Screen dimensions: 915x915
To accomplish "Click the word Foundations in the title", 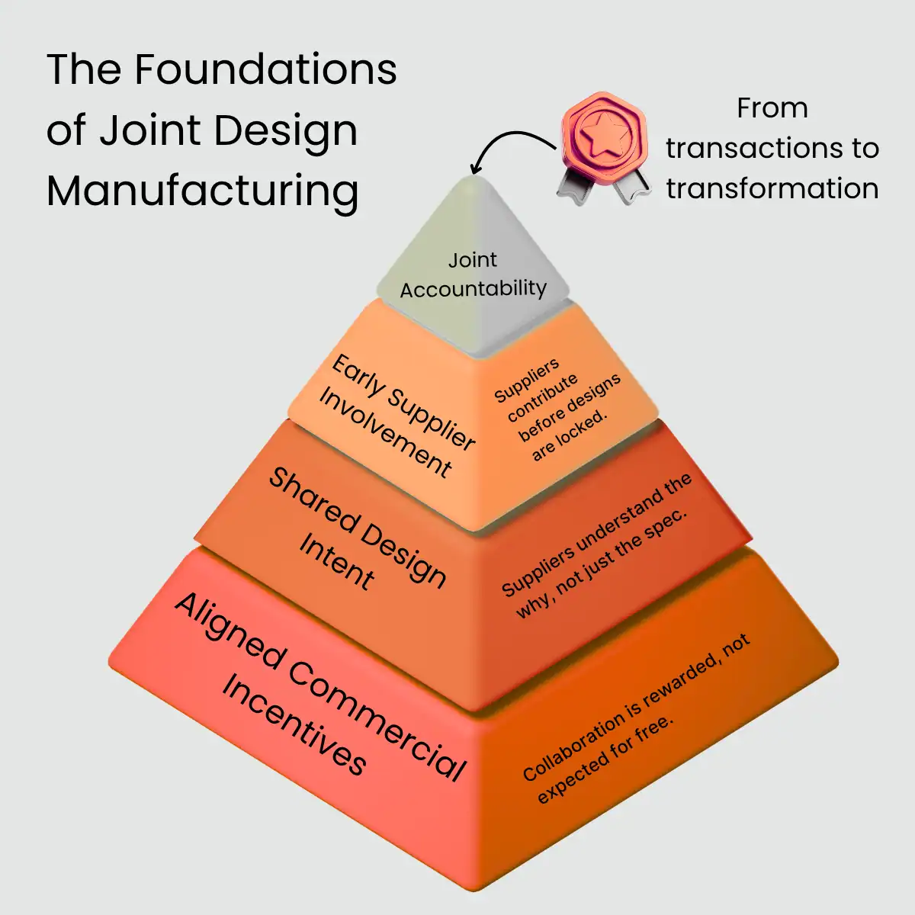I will [x=265, y=70].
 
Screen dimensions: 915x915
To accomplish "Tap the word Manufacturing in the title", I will [x=202, y=191].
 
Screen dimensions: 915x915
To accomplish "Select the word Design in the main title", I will [x=285, y=130].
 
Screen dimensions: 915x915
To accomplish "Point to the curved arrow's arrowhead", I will [x=476, y=169].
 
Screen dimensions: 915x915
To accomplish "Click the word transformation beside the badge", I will [x=772, y=188].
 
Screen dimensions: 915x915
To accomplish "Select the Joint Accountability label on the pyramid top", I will [x=473, y=275].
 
